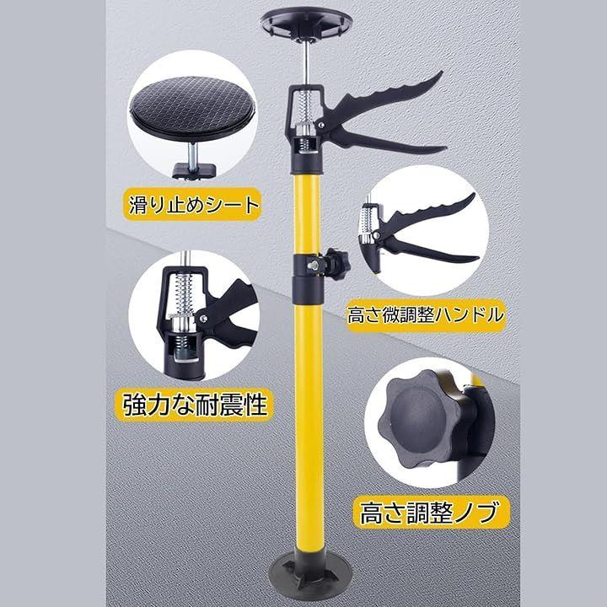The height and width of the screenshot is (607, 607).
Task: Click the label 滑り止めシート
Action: click(193, 205)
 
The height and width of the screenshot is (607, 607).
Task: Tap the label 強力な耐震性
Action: click(196, 405)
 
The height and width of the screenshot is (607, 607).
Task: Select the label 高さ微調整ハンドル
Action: click(426, 315)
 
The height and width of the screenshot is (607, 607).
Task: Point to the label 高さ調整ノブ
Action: click(429, 512)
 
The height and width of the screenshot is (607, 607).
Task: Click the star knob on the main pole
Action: click(337, 265)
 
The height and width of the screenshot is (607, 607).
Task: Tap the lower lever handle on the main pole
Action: click(387, 141)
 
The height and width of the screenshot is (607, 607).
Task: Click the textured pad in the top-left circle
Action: click(192, 110)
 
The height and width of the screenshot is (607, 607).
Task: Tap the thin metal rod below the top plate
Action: click(306, 62)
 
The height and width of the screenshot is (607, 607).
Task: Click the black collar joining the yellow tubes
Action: click(308, 279)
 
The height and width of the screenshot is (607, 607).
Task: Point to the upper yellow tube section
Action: click(307, 213)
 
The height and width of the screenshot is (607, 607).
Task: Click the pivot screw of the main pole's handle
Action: click(321, 125)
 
